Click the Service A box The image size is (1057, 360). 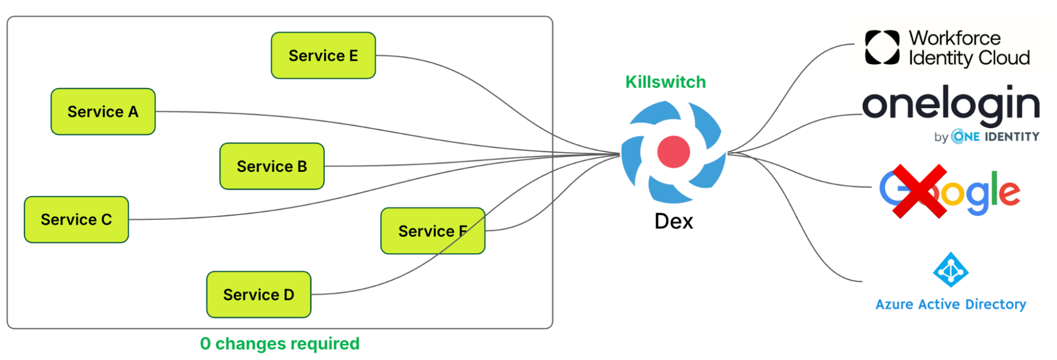coord(103,112)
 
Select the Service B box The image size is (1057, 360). coord(272,166)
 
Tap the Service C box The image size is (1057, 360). coord(76,219)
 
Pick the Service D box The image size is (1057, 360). coord(259,294)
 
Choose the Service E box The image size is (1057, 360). coord(323,56)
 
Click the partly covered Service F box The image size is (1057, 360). coord(433,230)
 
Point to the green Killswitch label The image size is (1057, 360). coord(665,82)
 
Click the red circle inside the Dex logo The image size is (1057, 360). coord(673,152)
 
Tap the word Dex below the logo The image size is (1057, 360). coord(673,221)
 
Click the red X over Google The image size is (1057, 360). coord(920,191)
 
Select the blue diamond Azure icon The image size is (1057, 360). coord(950,270)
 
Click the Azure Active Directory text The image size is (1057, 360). coord(950,304)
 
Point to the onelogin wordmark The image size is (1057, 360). coord(951,105)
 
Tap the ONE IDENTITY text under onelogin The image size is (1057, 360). coord(995,137)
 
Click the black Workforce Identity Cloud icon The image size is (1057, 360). coord(882,48)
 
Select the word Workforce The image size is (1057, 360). coord(954,38)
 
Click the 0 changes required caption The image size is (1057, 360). coord(280,344)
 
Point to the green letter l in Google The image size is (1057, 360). coord(994,188)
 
